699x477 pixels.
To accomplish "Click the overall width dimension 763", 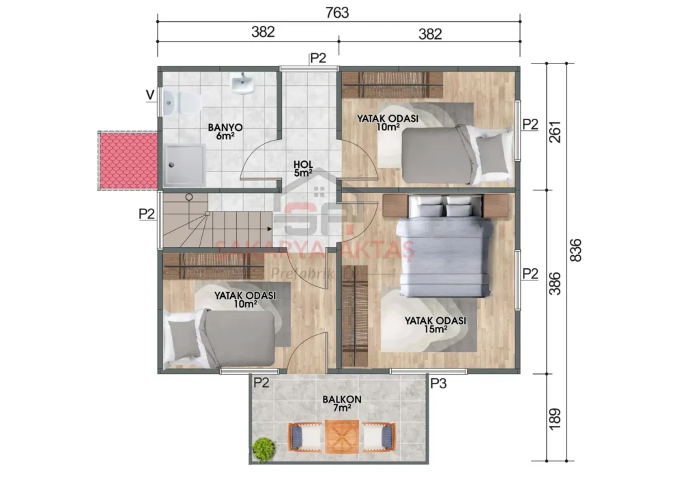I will tap(338, 12).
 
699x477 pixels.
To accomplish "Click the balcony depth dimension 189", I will tap(554, 417).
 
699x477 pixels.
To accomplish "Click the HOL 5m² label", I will tap(302, 169).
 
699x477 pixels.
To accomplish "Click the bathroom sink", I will tap(242, 84).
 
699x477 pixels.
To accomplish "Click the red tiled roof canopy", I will tap(128, 162).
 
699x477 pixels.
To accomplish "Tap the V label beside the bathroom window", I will tap(149, 95).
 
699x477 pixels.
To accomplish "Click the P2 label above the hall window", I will tap(319, 58).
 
